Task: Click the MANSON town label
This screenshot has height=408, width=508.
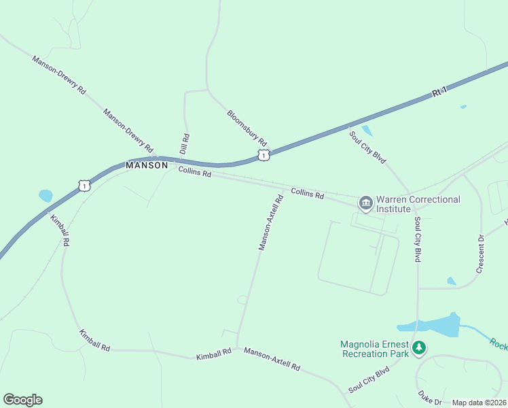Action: click(x=146, y=165)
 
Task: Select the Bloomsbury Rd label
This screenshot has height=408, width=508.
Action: click(x=247, y=129)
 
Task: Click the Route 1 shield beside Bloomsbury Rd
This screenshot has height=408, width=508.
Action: click(x=264, y=156)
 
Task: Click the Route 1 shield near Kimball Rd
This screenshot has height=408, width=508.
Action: click(x=83, y=185)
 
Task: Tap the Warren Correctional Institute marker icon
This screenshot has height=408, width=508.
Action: click(x=365, y=203)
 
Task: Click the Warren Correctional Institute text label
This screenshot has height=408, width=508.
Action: click(x=418, y=204)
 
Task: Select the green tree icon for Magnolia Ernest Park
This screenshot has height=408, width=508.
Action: click(x=420, y=349)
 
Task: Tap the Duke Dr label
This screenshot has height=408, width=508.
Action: click(x=429, y=397)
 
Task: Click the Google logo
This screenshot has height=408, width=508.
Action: click(x=22, y=400)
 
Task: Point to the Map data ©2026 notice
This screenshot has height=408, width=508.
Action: click(x=479, y=403)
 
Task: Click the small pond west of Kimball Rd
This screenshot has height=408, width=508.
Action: click(x=46, y=196)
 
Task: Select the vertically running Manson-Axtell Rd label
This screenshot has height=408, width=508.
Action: click(x=270, y=223)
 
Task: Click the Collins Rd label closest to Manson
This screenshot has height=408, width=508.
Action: click(x=195, y=173)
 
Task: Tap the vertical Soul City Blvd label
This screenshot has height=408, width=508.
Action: click(x=418, y=240)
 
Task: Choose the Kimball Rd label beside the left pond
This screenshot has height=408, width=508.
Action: click(x=60, y=230)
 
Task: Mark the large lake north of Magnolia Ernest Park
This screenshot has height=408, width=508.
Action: click(x=435, y=326)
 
